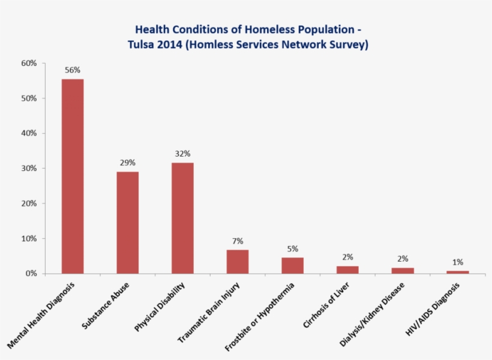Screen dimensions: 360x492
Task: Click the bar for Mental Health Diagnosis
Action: (73, 176)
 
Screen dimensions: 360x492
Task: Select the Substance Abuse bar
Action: (127, 223)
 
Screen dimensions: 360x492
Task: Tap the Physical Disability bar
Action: (182, 218)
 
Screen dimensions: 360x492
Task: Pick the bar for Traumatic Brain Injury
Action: (238, 262)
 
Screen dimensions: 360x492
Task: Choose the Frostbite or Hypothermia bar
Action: (292, 265)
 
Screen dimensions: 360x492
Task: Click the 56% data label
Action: (73, 70)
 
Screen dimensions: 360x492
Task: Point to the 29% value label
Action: (127, 163)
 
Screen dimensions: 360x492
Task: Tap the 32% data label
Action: (182, 154)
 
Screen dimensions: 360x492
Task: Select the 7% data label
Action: (238, 241)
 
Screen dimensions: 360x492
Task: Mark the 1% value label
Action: (457, 262)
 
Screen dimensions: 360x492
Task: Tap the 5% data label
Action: (292, 249)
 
